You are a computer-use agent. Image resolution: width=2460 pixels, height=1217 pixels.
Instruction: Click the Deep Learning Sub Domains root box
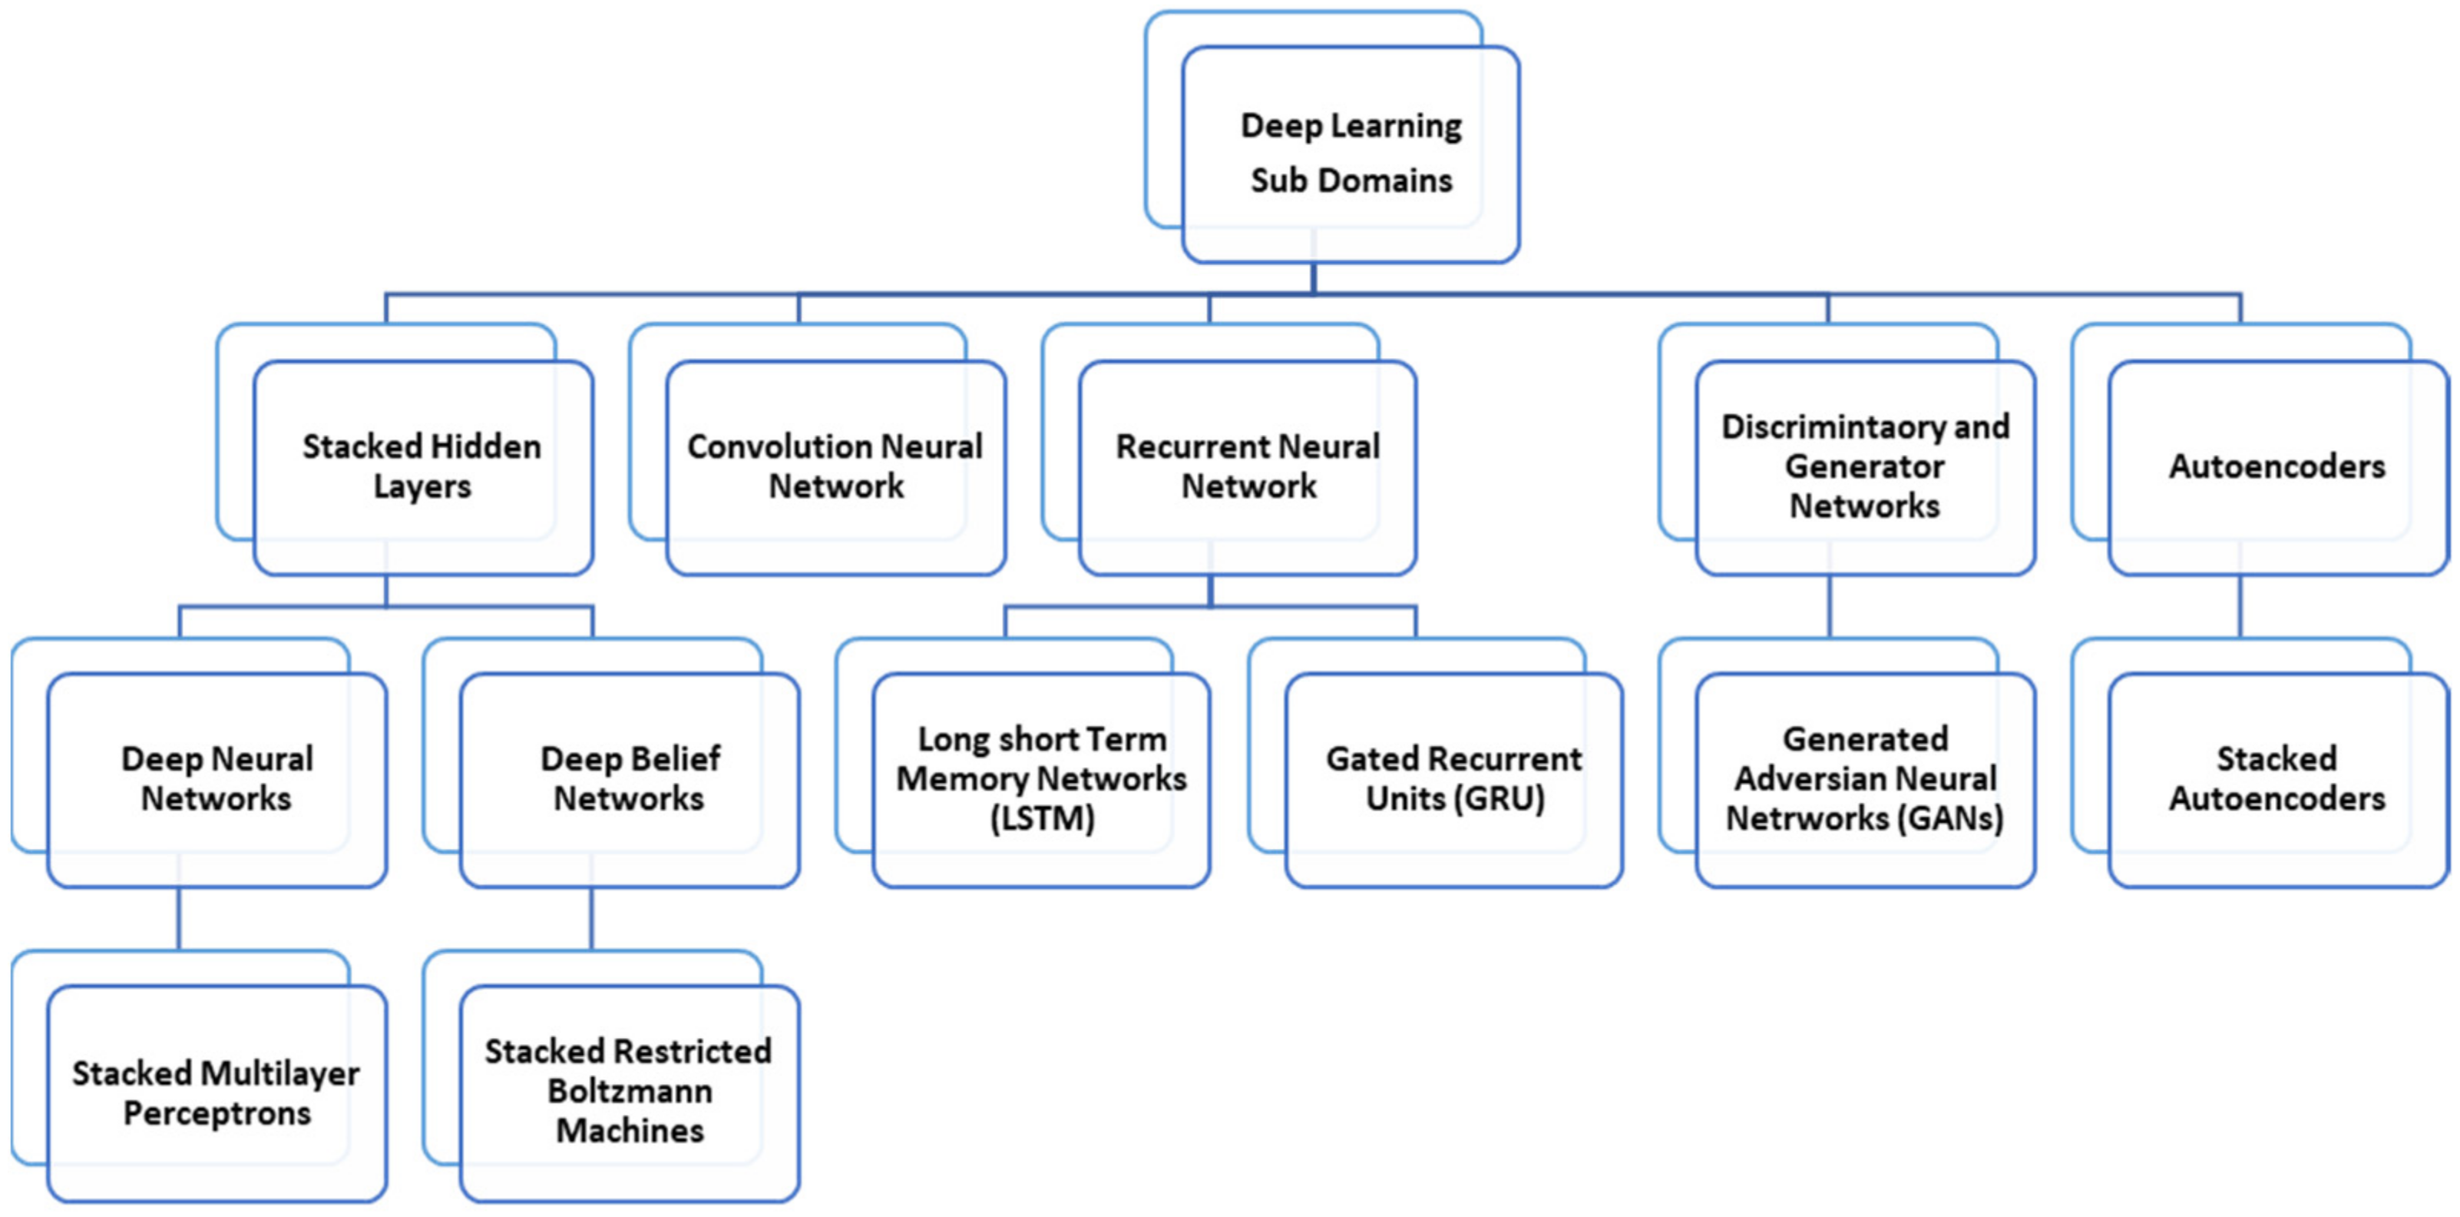[1351, 154]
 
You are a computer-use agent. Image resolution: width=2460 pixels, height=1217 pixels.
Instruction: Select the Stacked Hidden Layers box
[422, 467]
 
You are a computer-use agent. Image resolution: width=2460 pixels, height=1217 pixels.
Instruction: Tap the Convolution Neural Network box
[835, 467]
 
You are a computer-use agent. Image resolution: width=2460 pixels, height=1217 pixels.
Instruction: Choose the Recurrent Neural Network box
[1247, 467]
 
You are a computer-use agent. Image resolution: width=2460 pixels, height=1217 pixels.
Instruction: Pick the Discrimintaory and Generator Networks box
[1865, 467]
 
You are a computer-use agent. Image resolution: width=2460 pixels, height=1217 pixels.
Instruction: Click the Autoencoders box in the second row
[2276, 467]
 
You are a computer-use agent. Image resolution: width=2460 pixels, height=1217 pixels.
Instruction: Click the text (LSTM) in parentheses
[1042, 820]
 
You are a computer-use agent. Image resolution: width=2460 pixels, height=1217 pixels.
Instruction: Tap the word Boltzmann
[630, 1092]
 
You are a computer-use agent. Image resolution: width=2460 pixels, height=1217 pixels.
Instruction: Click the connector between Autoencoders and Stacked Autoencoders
[2240, 607]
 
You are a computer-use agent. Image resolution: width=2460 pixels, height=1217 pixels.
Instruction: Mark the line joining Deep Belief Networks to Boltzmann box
[591, 919]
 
